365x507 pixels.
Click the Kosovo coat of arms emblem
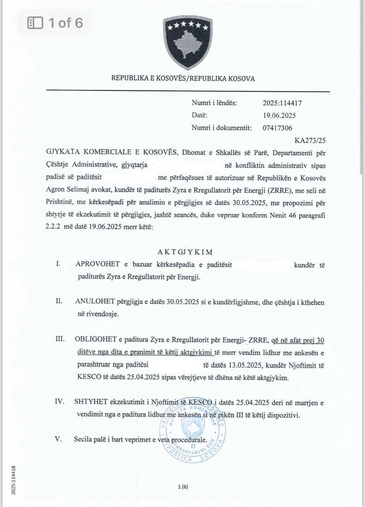tap(188, 42)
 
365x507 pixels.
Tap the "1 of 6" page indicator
tap(55, 23)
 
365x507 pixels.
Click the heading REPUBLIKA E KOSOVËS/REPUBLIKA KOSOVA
tap(183, 78)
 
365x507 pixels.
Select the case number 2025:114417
tap(282, 103)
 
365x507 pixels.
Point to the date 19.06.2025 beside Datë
tap(279, 116)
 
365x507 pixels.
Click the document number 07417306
tap(278, 128)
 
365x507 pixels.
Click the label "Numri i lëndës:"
tap(214, 103)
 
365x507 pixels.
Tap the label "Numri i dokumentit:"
tap(221, 128)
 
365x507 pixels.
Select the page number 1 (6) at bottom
tap(183, 488)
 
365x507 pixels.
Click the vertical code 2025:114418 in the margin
tap(13, 480)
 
